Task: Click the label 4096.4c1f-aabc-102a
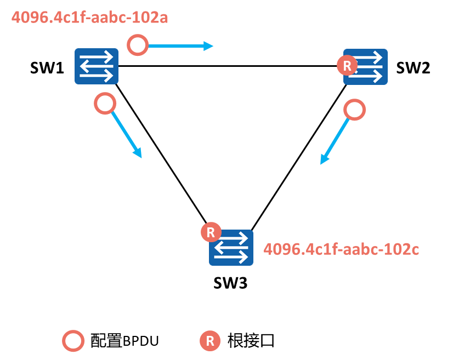[x=89, y=17]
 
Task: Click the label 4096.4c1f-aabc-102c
[x=341, y=249]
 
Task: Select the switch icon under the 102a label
[x=97, y=66]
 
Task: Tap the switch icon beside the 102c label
[x=231, y=248]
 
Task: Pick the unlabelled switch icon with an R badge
[x=366, y=67]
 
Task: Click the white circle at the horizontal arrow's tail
[x=138, y=45]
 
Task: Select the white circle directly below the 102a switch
[x=105, y=104]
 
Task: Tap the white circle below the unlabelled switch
[x=355, y=110]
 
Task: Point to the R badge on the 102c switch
[x=211, y=232]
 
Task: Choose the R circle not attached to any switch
[x=210, y=341]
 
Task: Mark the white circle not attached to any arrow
[x=73, y=341]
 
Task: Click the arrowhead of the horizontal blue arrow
[x=209, y=46]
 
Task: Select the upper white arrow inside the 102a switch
[x=98, y=57]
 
